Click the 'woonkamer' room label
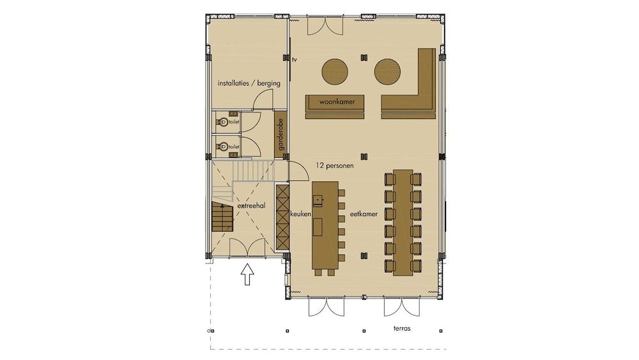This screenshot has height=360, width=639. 337,102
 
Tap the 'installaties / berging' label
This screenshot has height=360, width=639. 249,83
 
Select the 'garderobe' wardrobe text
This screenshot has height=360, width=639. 281,134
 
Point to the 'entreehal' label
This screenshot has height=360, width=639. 251,206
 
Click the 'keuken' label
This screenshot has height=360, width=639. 301,214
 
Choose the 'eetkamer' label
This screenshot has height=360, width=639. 364,214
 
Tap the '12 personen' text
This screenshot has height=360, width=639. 335,166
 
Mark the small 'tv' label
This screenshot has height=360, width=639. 294,59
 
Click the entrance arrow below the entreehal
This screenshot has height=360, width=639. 247,275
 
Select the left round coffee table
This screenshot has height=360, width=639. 335,72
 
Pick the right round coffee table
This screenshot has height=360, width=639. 387,72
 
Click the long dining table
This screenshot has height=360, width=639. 403,222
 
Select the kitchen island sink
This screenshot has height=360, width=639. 318,200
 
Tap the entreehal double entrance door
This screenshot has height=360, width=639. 247,248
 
